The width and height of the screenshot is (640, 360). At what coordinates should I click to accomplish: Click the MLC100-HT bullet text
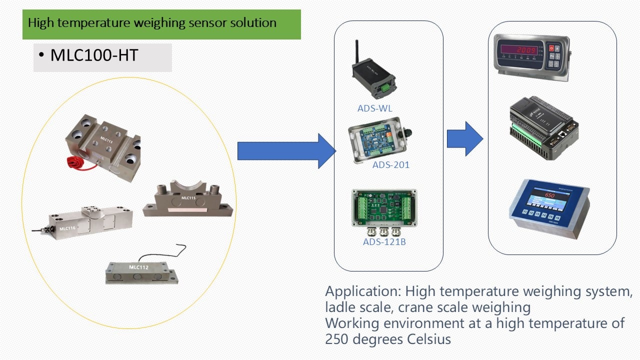94,55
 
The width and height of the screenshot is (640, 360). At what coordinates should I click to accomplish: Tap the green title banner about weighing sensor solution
161,23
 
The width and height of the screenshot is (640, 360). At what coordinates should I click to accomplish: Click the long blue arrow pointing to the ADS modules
285,151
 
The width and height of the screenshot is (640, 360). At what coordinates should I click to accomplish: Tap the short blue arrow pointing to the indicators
464,138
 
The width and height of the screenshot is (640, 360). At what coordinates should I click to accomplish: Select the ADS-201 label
390,164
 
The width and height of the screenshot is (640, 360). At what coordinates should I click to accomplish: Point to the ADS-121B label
384,242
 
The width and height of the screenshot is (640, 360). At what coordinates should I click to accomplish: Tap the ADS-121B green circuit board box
384,209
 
